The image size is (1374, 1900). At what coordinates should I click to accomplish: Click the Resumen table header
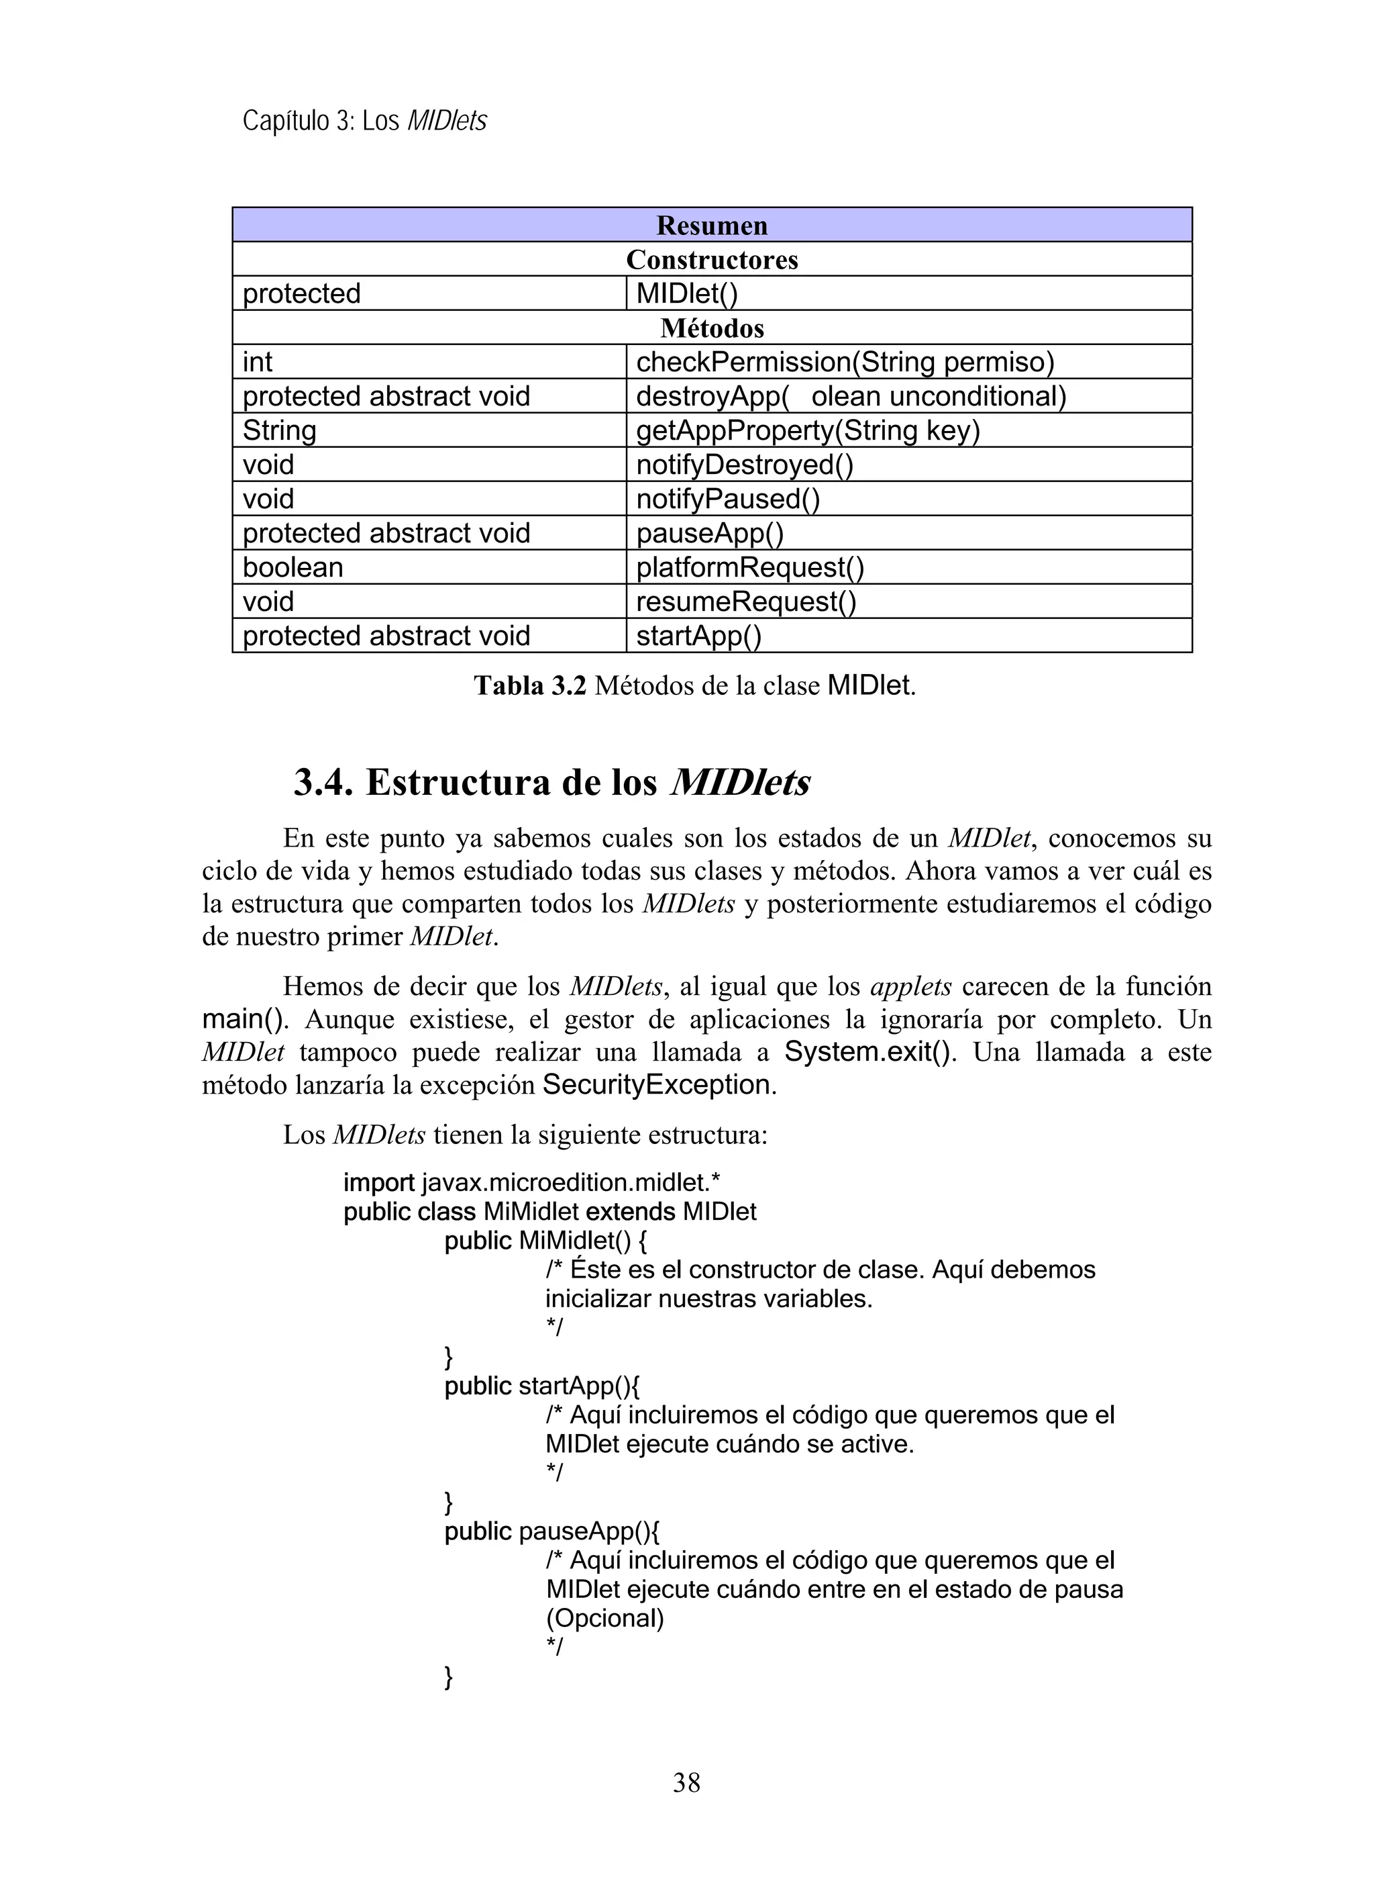click(x=711, y=226)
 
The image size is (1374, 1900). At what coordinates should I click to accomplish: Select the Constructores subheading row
click(x=711, y=260)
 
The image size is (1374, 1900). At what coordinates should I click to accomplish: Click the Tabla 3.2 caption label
click(x=530, y=686)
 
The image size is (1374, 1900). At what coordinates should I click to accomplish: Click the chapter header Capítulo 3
click(x=297, y=122)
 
